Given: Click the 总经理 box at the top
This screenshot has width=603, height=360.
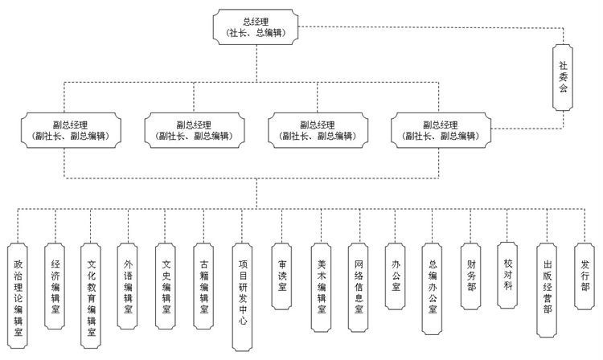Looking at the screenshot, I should [x=256, y=27].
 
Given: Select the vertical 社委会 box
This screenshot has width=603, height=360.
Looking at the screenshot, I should [x=563, y=78].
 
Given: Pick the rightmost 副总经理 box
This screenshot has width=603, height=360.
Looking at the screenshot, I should [x=439, y=130].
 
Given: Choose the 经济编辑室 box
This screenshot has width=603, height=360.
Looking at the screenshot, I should [x=55, y=285].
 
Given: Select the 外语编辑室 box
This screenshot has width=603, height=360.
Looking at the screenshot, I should [x=129, y=285].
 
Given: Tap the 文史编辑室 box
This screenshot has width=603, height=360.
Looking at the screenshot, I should [x=166, y=285].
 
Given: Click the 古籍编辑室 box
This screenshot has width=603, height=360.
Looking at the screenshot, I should [x=203, y=285].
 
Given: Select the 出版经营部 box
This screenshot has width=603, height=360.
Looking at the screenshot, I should [x=547, y=290].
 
